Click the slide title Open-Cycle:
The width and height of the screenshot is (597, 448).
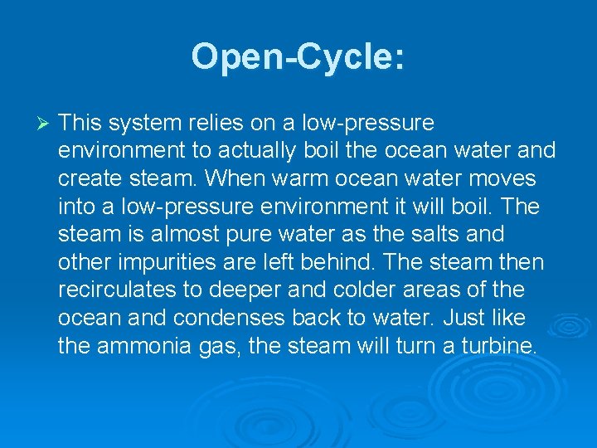pyautogui.click(x=298, y=57)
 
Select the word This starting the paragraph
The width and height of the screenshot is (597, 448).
pyautogui.click(x=80, y=123)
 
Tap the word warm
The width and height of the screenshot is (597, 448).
pyautogui.click(x=292, y=179)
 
